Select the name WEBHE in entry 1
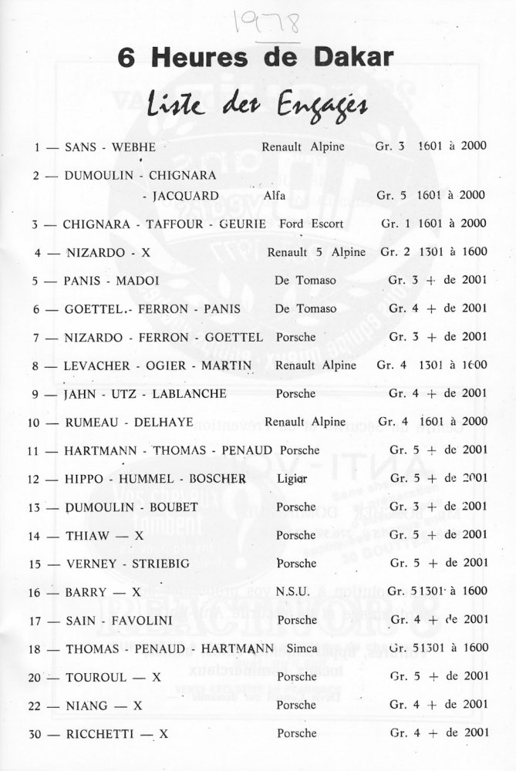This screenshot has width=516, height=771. (x=134, y=146)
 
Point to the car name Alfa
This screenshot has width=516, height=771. (x=274, y=196)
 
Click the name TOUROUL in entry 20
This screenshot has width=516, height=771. (x=92, y=677)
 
